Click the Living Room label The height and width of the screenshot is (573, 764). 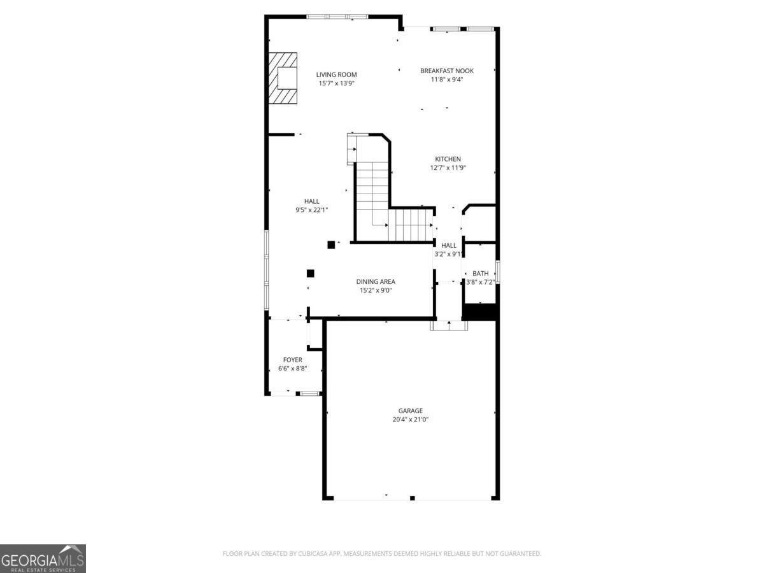pos(337,74)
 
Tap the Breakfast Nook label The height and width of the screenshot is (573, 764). pos(446,71)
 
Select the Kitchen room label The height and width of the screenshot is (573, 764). pos(448,159)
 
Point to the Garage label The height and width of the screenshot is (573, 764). pos(410,411)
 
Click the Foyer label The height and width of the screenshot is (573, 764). pos(292,360)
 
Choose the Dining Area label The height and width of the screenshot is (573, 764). pos(375,281)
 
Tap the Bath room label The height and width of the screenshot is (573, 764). pos(480,273)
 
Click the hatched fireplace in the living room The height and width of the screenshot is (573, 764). pos(283,78)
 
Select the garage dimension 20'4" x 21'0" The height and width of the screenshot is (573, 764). pos(410,420)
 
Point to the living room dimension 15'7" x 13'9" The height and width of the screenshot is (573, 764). pos(337,83)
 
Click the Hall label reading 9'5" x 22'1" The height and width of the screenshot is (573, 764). pos(311,209)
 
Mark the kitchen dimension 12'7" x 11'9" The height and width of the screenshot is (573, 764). pos(448,168)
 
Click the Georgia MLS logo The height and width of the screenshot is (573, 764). pos(43,558)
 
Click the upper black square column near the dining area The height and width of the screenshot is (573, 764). pos(331,244)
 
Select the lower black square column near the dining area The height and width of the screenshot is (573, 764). pos(311,273)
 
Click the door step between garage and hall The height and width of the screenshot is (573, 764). pos(449,325)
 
